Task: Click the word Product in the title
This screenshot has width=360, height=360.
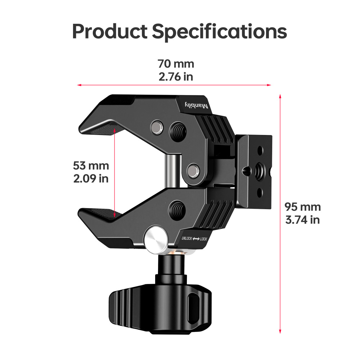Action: click(x=110, y=31)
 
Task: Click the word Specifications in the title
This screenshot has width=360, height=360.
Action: click(x=219, y=32)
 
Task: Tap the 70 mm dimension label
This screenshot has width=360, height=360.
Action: click(x=176, y=64)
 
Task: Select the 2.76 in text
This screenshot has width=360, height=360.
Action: click(x=176, y=77)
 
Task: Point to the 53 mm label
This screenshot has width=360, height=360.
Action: click(x=91, y=166)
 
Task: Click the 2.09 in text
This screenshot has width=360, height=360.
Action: click(x=91, y=179)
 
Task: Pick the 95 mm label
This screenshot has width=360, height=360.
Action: click(x=302, y=207)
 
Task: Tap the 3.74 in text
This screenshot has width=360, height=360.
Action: click(x=302, y=220)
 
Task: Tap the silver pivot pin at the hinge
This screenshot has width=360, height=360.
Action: click(x=193, y=169)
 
